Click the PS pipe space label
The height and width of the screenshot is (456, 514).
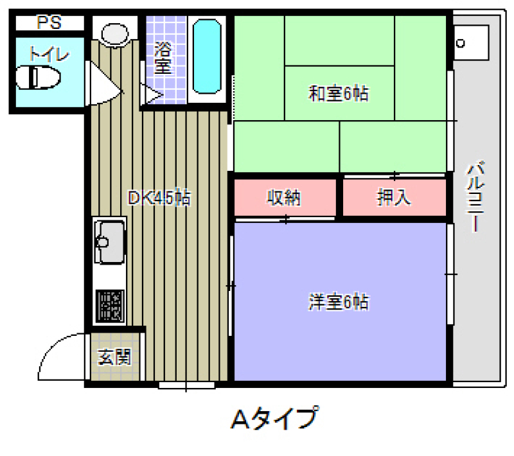49,22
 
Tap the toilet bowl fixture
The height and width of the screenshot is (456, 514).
38,77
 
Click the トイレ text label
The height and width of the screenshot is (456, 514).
49,54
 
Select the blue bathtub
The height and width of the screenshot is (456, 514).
206,57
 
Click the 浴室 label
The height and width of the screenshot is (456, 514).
163,58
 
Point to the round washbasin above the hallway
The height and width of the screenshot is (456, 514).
115,34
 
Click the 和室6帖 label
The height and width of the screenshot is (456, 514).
339,93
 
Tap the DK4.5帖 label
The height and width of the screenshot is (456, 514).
159,197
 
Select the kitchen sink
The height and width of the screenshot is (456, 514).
109,241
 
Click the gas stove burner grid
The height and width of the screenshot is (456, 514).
110,306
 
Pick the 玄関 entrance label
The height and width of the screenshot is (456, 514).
114,356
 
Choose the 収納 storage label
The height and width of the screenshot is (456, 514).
284,198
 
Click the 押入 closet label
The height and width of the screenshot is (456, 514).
394,197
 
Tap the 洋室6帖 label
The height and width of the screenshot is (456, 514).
339,302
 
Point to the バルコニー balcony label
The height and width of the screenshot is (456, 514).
475,197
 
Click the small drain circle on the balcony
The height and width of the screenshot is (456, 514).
461,43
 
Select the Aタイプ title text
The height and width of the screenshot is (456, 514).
275,417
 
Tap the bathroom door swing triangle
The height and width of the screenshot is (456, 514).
152,94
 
